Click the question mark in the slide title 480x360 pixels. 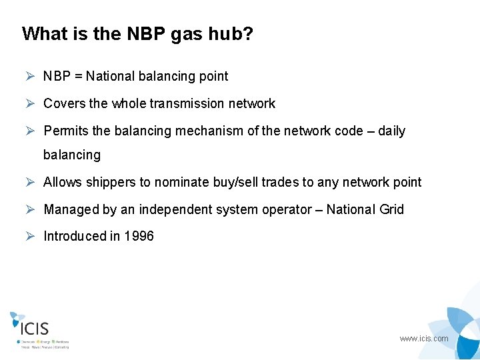tap(247, 34)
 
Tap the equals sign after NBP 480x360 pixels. tap(79, 76)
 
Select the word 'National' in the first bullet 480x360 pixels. tap(110, 76)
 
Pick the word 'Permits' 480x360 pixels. tap(65, 131)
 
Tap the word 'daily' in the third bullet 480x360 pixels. tap(391, 131)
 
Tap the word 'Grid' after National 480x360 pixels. tap(391, 209)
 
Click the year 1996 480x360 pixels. tap(139, 236)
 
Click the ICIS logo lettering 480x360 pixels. tap(35, 328)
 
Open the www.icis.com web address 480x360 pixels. tap(424, 339)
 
